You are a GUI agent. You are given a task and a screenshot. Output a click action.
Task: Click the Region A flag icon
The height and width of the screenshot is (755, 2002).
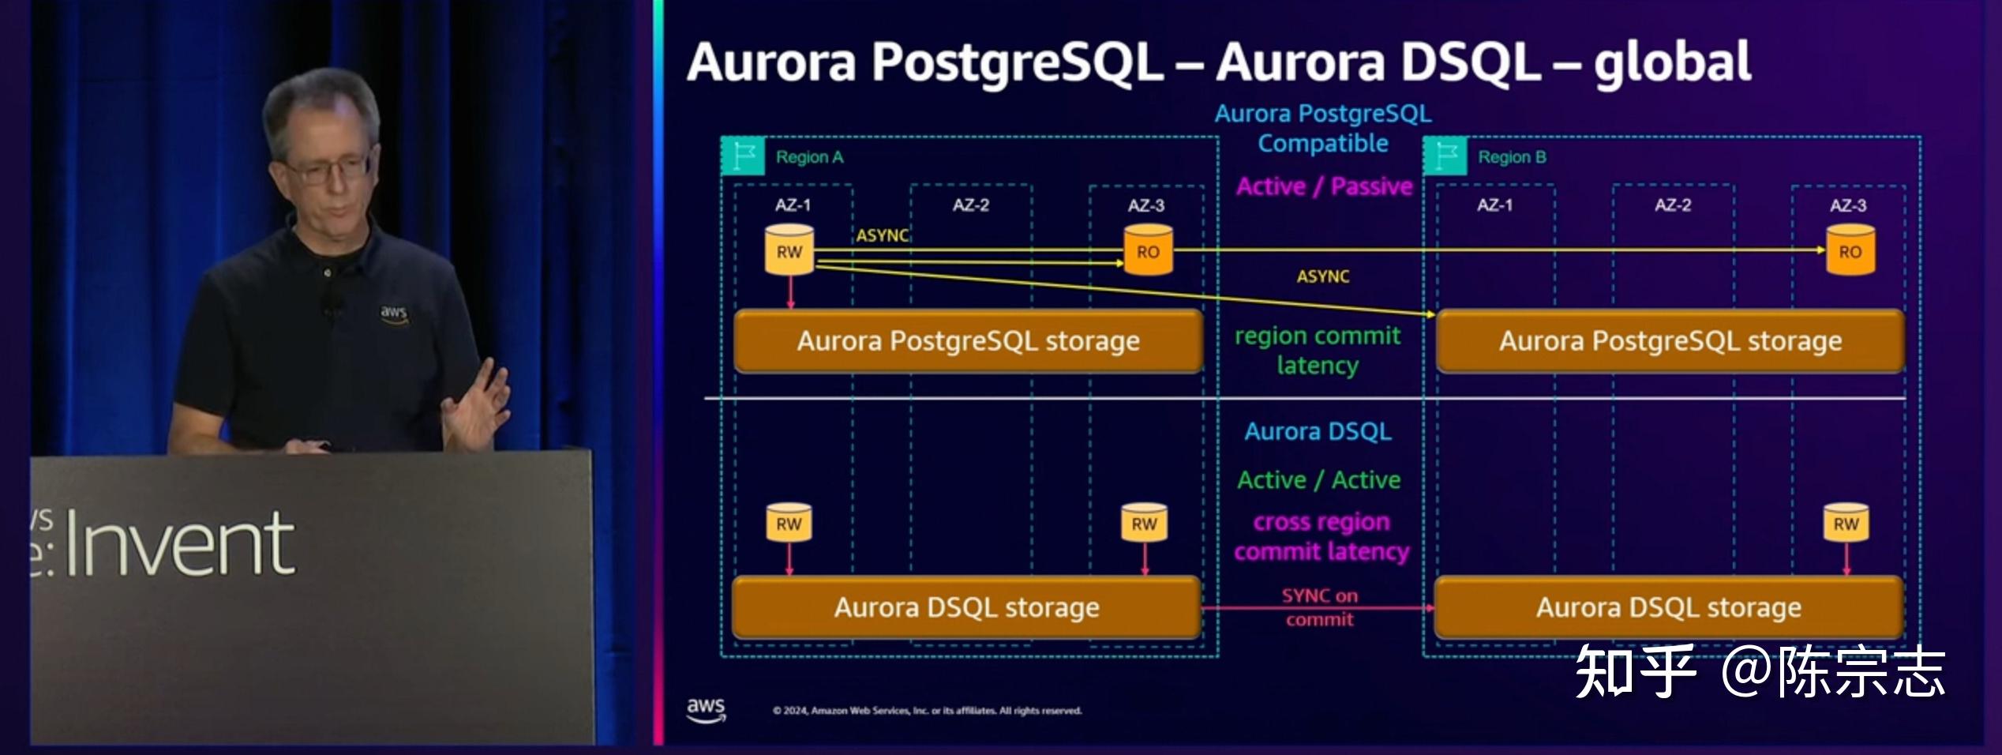click(743, 156)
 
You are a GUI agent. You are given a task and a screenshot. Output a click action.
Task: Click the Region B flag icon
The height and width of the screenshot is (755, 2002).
click(1445, 156)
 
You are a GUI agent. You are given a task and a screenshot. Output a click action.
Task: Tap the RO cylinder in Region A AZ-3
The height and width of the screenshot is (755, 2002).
click(1148, 250)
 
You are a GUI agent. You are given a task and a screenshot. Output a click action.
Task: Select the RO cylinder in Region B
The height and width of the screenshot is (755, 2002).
click(1850, 250)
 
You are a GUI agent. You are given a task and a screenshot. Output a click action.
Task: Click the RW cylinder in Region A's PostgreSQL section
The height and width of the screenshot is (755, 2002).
click(789, 250)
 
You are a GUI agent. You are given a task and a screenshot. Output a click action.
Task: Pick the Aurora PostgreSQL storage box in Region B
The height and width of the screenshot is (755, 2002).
click(1670, 341)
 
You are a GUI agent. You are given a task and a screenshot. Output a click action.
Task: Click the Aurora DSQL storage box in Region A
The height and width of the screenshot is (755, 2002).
click(966, 607)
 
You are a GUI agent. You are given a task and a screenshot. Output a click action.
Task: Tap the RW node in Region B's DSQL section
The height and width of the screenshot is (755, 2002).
click(1846, 524)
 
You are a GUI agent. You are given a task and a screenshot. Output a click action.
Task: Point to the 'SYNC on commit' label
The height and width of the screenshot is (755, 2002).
click(1319, 607)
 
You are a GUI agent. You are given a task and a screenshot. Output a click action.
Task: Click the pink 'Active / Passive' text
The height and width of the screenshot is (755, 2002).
click(1324, 186)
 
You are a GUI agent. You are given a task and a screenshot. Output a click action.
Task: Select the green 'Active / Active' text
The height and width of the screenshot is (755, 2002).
click(1318, 480)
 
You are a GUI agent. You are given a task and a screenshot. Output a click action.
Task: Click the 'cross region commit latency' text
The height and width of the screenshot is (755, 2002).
click(1322, 536)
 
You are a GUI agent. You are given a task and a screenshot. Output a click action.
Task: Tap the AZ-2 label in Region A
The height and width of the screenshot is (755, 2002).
click(970, 205)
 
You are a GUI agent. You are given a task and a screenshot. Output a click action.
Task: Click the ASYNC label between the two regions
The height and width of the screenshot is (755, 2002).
click(1323, 276)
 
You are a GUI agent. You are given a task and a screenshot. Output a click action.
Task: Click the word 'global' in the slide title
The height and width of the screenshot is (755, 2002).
click(1672, 63)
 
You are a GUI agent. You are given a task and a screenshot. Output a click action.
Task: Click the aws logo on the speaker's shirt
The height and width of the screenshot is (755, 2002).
click(393, 312)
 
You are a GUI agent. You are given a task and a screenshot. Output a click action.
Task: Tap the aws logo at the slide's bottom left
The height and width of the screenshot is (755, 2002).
click(705, 708)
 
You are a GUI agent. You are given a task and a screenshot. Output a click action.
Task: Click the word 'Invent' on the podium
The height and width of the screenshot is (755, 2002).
click(180, 543)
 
